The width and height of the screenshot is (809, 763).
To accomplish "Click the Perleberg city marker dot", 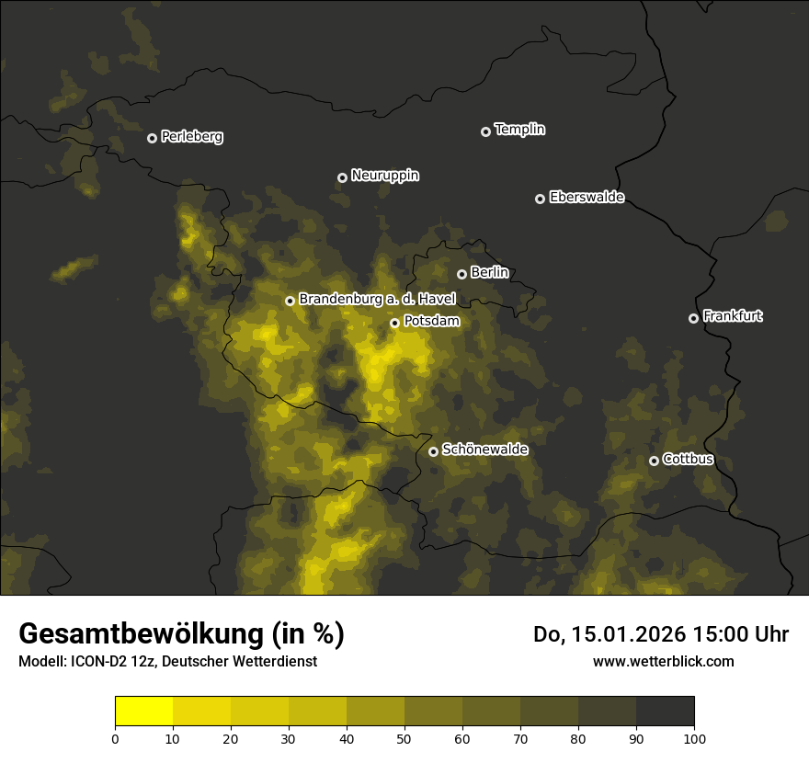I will (x=152, y=138).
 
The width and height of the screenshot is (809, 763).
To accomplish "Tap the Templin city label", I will (x=519, y=130).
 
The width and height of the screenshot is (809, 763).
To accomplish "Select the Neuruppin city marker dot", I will (x=342, y=177).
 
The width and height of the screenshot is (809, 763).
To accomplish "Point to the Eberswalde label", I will (x=587, y=198).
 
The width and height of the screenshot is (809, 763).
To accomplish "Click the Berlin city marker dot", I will (x=461, y=274).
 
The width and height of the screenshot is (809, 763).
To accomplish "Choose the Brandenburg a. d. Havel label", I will (x=377, y=300).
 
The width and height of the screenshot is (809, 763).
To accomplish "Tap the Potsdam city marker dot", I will (x=394, y=323).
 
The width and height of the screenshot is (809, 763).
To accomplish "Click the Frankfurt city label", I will (x=733, y=316).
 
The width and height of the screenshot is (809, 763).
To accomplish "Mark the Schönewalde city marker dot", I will (x=433, y=451).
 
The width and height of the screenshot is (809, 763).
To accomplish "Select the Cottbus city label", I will (x=688, y=459).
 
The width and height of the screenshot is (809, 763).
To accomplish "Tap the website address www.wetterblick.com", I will (x=664, y=661).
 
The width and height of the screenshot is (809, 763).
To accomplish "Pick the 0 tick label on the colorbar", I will (x=115, y=738).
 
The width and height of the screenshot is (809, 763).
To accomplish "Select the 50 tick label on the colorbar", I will (x=404, y=738).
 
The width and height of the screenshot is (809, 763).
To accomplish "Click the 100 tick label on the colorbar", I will (x=694, y=738).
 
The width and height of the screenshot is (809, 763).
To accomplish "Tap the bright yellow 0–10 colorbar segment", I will (x=143, y=712).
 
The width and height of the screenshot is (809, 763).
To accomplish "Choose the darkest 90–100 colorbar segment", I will (x=665, y=712).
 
